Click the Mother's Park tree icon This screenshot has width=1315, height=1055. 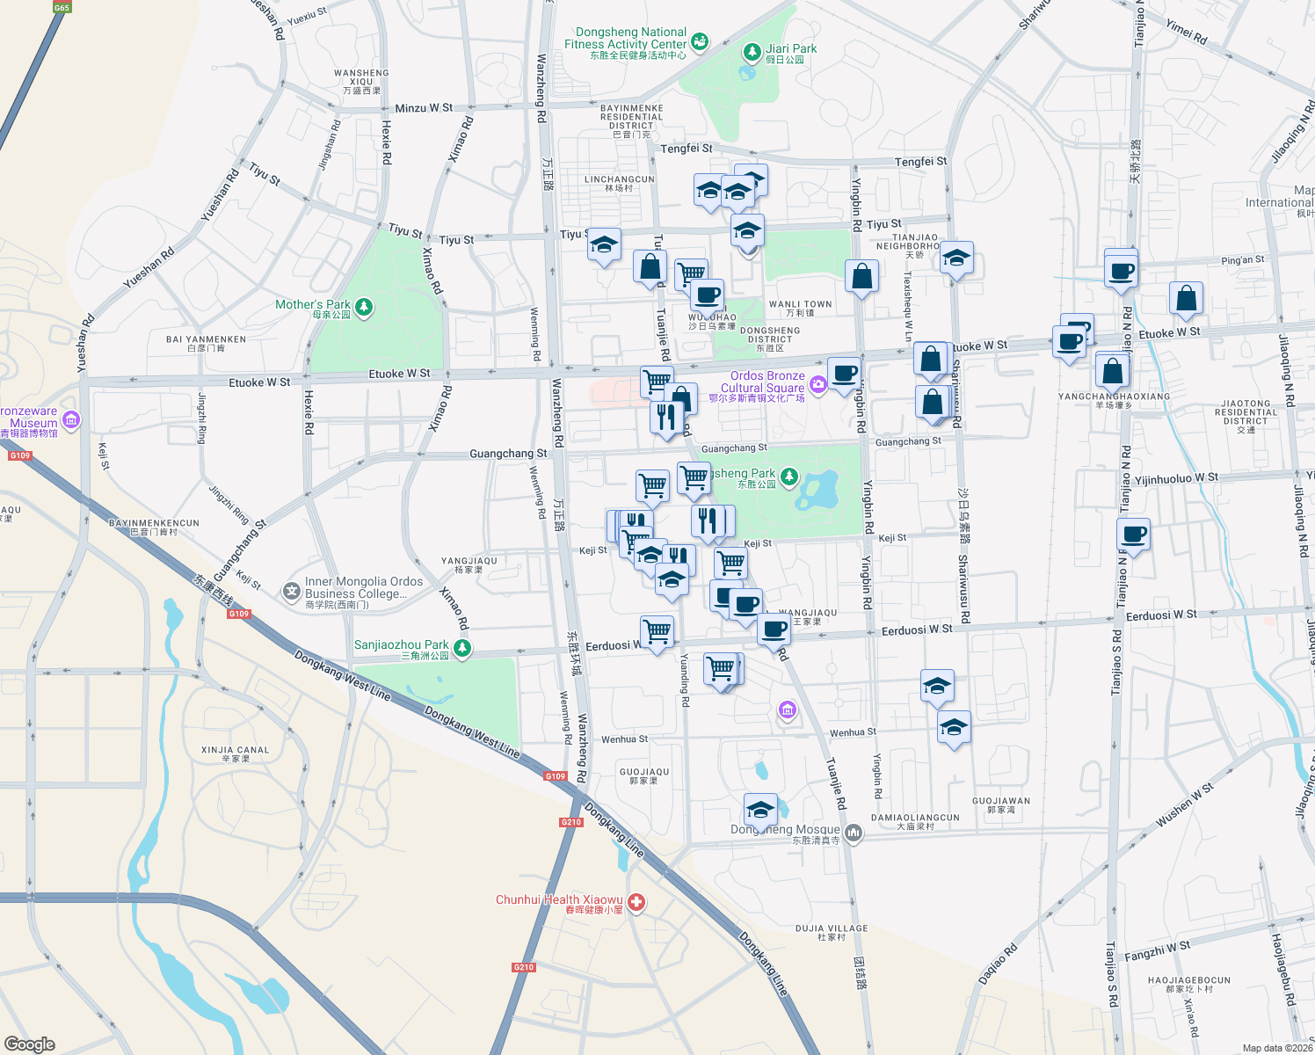coord(364,307)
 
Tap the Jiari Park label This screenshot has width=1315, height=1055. coord(791,49)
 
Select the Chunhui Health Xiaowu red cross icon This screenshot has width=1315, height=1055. coord(636,902)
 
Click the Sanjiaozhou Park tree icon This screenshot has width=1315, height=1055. coord(462,648)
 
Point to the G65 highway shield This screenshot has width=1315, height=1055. coord(62,7)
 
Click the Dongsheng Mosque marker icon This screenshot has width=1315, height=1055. coord(853,832)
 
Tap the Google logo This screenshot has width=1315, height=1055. coord(29,1044)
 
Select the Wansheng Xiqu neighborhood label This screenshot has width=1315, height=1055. coord(361,81)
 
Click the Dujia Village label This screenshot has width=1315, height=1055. coord(831,932)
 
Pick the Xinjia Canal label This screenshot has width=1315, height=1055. coord(235,753)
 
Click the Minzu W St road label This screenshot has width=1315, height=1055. coord(424,108)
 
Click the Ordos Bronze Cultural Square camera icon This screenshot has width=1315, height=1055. coord(818,383)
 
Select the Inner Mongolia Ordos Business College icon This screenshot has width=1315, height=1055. coord(291,591)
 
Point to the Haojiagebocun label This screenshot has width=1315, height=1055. coord(1188,984)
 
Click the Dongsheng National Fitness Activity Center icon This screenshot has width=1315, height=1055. coord(700,40)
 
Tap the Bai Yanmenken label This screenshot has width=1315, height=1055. coord(206,343)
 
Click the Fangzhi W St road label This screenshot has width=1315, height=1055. coord(1157,950)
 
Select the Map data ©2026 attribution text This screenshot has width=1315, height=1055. coord(1276,1048)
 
